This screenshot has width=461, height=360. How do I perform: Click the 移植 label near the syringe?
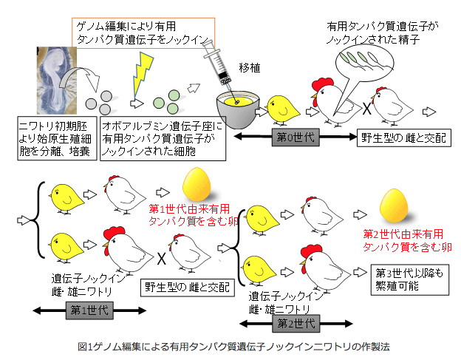coord(250,68)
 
